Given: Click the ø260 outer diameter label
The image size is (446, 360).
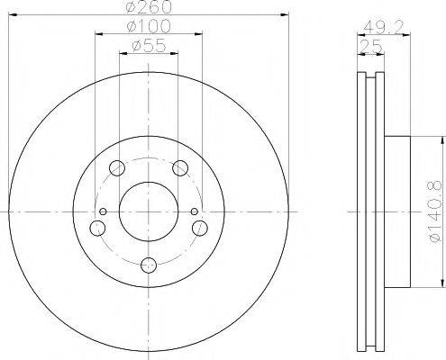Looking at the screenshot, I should click(148, 8).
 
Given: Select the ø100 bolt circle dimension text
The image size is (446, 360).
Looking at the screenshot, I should click(148, 28).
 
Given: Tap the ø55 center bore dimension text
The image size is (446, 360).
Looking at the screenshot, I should click(148, 45).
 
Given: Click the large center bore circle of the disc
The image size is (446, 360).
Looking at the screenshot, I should click(148, 211).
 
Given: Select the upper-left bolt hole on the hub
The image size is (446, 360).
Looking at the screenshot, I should click(115, 167).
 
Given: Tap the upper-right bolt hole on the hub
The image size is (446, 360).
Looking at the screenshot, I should click(180, 167).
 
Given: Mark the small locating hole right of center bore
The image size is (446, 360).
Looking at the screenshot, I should click(193, 211).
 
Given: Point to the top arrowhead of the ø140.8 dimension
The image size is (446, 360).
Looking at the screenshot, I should click(441, 139).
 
